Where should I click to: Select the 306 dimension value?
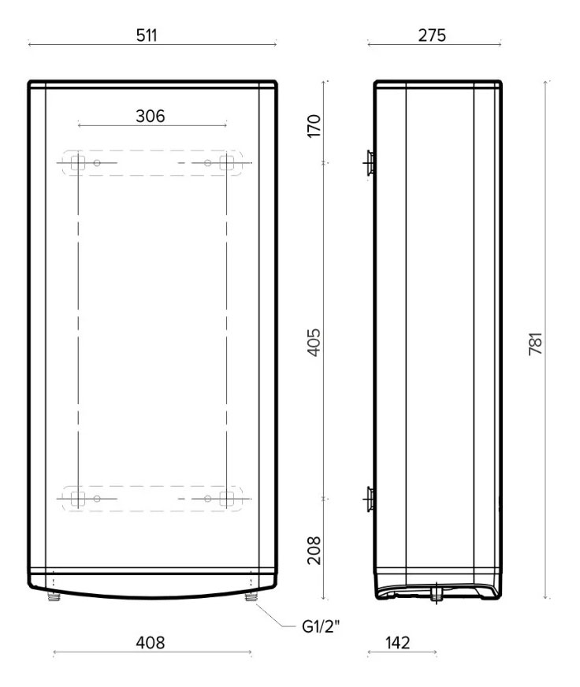click(151, 115)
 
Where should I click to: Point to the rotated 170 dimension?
click(314, 124)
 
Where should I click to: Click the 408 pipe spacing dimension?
click(151, 643)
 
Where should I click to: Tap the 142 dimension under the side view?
click(399, 643)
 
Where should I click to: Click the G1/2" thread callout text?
click(325, 628)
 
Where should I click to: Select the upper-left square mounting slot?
click(76, 163)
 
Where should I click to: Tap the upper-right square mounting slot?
click(227, 163)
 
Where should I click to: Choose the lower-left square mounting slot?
click(76, 498)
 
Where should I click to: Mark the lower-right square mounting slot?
click(227, 498)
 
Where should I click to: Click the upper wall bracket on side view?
click(368, 163)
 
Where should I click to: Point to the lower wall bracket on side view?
click(368, 498)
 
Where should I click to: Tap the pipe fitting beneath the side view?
click(435, 596)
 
